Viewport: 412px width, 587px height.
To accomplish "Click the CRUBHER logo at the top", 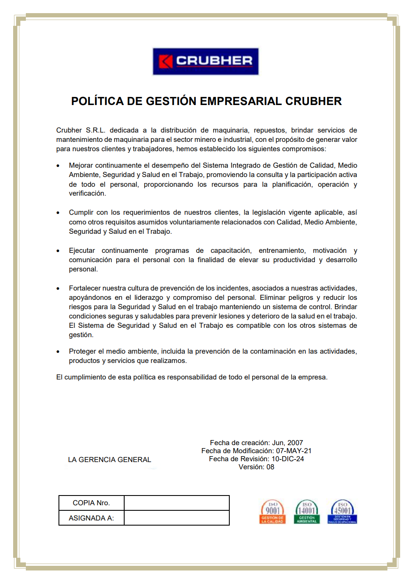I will coord(206,61).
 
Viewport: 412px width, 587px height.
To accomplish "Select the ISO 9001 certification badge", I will coord(272,512).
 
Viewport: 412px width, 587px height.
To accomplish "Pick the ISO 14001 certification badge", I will coord(307,512).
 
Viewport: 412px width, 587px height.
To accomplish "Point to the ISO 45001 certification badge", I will coord(342,512).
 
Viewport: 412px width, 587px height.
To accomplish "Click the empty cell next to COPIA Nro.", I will coord(177,503).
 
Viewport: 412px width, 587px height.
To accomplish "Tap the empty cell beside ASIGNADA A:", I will coord(177,518).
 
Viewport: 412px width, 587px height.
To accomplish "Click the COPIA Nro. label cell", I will coord(91,503).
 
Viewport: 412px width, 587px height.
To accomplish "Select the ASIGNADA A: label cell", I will coord(91,518).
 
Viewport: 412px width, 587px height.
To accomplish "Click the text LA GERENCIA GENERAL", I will coord(109,460).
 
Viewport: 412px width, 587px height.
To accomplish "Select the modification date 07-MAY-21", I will coord(294,451).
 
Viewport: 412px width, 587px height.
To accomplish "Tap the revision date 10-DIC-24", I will coord(288,459).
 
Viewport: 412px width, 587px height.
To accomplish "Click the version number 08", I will coord(270,467).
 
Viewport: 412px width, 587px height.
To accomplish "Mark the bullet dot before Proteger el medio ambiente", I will coord(58,352).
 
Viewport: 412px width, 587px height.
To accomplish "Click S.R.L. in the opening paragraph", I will coord(95,130).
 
